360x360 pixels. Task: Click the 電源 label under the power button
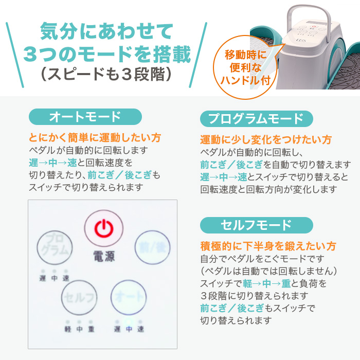[x=104, y=256]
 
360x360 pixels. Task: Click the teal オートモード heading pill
[x=85, y=117]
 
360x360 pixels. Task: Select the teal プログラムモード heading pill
[x=256, y=119]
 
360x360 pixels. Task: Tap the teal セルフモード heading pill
[x=256, y=225]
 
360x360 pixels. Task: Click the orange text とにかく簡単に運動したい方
[x=96, y=138]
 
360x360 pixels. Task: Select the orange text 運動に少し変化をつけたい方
[x=266, y=140]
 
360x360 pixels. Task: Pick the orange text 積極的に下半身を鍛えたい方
[x=268, y=246]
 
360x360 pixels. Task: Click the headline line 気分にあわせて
[x=107, y=32]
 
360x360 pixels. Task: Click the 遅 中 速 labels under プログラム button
[x=54, y=278]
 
